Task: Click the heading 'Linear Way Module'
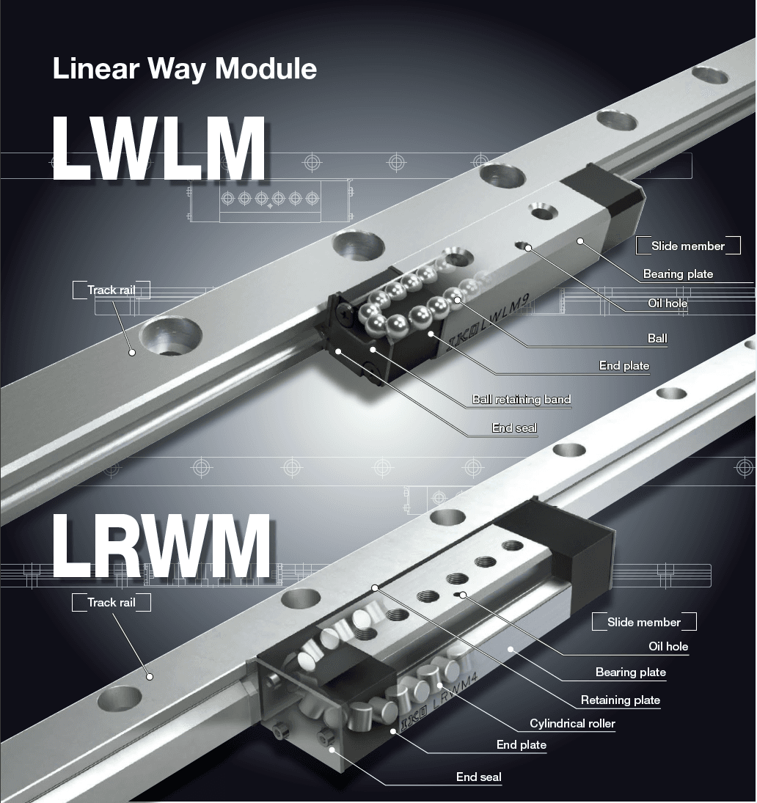tap(185, 69)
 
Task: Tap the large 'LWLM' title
tap(158, 150)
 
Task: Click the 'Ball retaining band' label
tap(521, 400)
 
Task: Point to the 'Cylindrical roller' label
tap(572, 724)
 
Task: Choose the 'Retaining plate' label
tap(620, 700)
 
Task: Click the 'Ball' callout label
tap(657, 339)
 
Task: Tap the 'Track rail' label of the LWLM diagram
tap(111, 290)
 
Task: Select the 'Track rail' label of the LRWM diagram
tap(111, 602)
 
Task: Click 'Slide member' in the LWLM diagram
tap(687, 246)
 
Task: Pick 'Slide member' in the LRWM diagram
tap(643, 622)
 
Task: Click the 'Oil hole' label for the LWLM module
tap(668, 303)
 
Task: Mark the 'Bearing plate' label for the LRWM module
tap(630, 672)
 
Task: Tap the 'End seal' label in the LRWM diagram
tap(478, 777)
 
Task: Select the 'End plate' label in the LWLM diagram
tap(623, 365)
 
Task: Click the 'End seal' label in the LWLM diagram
tap(514, 428)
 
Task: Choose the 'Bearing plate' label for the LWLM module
tap(678, 274)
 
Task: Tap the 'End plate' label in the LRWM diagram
tap(521, 745)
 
